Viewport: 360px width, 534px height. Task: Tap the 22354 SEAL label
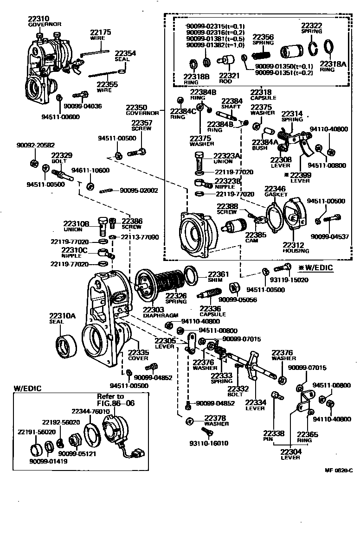point(125,56)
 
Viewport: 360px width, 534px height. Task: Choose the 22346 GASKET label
point(276,192)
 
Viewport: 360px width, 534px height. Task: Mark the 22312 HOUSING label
point(296,248)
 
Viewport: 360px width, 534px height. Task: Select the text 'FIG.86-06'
point(116,403)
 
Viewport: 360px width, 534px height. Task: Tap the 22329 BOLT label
point(62,158)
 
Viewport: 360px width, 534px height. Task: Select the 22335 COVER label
point(138,355)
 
